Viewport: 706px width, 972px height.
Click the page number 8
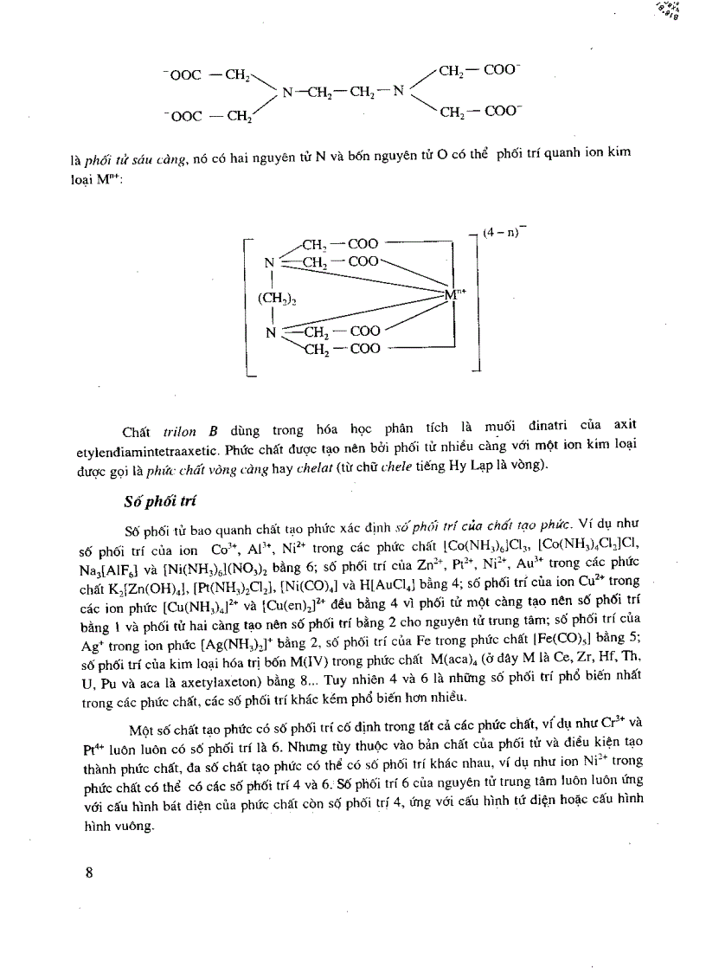tap(89, 872)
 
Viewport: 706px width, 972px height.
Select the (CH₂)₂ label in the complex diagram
tap(277, 299)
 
